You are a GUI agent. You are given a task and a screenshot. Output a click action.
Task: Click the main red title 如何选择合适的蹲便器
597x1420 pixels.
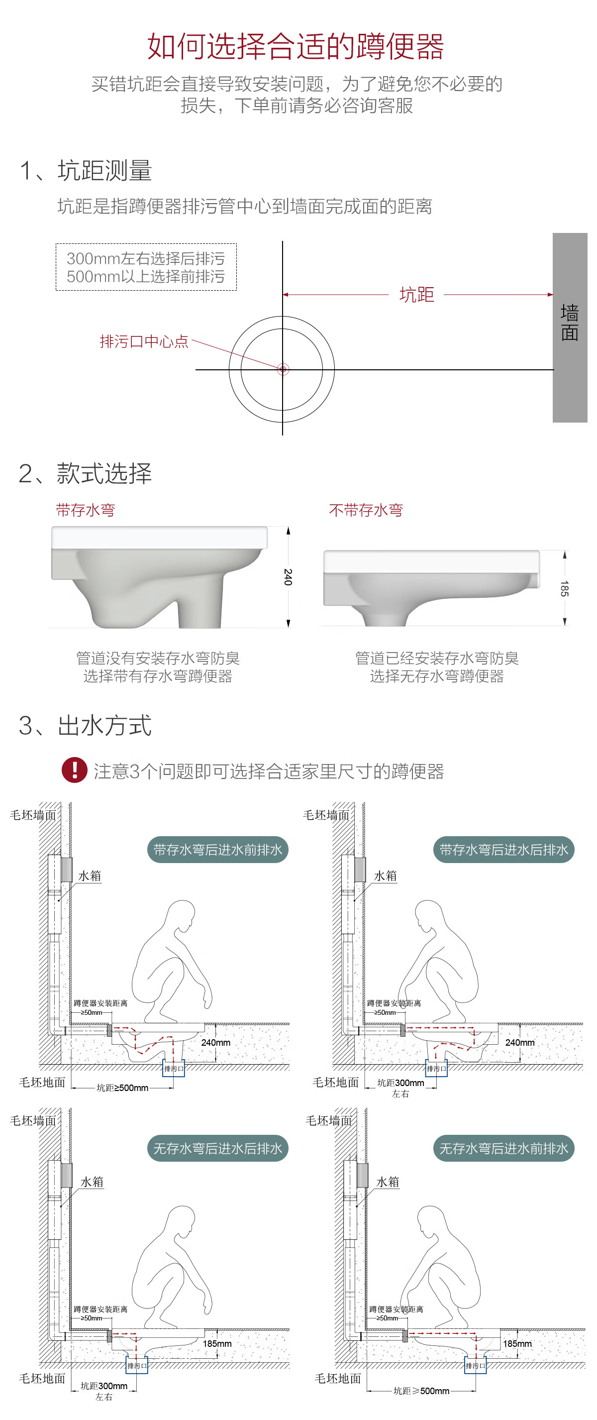[x=296, y=46]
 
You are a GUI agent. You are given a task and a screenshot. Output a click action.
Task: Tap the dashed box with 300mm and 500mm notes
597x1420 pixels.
[x=146, y=267]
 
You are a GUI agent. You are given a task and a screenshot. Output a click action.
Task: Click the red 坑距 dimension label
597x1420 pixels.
[x=416, y=295]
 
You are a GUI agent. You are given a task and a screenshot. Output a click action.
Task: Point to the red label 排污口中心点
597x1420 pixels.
[x=144, y=342]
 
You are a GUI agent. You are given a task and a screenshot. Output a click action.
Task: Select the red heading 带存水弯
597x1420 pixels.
[x=86, y=510]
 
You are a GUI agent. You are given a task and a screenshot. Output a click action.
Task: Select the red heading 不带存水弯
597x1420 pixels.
[x=366, y=510]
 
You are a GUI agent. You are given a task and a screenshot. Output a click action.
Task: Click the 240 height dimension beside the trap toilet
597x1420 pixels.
[x=288, y=576]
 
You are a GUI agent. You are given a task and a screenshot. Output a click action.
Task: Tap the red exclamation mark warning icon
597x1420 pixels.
[x=75, y=769]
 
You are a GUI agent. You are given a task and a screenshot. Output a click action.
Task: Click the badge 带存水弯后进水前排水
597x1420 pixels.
[x=218, y=850]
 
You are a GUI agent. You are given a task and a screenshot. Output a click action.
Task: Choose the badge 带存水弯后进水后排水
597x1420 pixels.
[x=504, y=850]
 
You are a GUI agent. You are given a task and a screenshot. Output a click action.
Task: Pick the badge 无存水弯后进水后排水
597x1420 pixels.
[x=218, y=1148]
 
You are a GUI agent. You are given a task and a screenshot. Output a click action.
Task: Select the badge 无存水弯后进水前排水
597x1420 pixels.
[x=504, y=1148]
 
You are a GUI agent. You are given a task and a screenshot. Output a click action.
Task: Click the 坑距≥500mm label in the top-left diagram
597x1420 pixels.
[x=122, y=1088]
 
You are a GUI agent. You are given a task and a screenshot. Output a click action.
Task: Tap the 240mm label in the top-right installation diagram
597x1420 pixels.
[x=519, y=1042]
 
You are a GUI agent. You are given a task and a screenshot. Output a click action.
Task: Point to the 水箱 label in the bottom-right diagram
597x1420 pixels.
[x=388, y=1182]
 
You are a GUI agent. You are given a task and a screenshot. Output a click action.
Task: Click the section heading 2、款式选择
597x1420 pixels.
[x=86, y=473]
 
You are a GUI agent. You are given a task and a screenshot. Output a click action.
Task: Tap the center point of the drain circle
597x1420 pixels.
[x=283, y=369]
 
